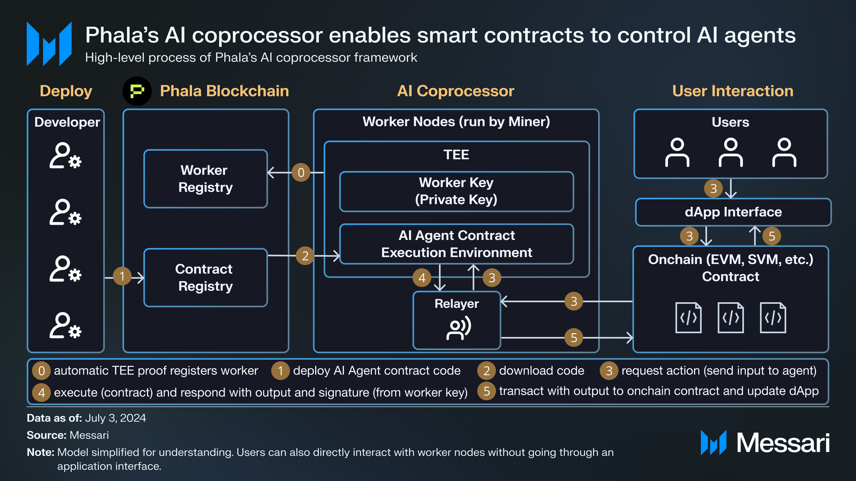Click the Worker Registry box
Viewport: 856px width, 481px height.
pos(205,179)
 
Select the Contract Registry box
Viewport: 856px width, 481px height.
pos(205,277)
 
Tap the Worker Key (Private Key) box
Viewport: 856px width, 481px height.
pos(456,191)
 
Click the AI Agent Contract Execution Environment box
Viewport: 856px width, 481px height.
pos(456,244)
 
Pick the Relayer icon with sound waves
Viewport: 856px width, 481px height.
pos(458,328)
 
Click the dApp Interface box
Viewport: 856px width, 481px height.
pos(733,212)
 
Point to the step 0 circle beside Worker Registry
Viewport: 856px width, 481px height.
pos(301,172)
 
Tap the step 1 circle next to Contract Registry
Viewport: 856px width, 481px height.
pos(122,276)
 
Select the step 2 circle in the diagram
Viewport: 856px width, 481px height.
pos(305,255)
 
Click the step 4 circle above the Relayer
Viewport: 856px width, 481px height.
pos(422,278)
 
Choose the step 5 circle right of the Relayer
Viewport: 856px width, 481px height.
pos(574,338)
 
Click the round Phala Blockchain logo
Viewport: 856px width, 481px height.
pos(137,91)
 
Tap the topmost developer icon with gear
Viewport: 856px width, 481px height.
pos(66,155)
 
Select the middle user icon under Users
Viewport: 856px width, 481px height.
pos(731,152)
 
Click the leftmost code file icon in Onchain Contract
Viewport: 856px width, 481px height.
pos(688,318)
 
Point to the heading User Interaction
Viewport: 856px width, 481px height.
pos(733,91)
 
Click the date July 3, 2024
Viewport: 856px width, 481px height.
pos(115,418)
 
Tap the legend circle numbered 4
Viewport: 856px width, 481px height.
pos(42,393)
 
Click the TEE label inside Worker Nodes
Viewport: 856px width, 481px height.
pos(456,154)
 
